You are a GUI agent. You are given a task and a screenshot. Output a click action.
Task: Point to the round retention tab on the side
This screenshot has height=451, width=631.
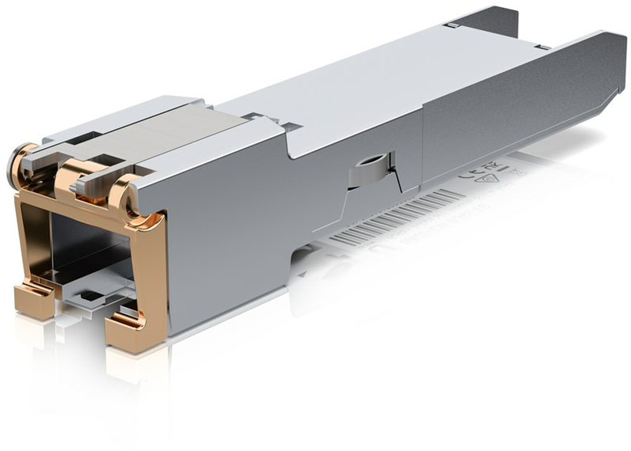[x=368, y=166]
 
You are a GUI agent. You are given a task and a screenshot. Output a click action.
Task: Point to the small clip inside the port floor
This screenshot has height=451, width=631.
[x=91, y=297]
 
